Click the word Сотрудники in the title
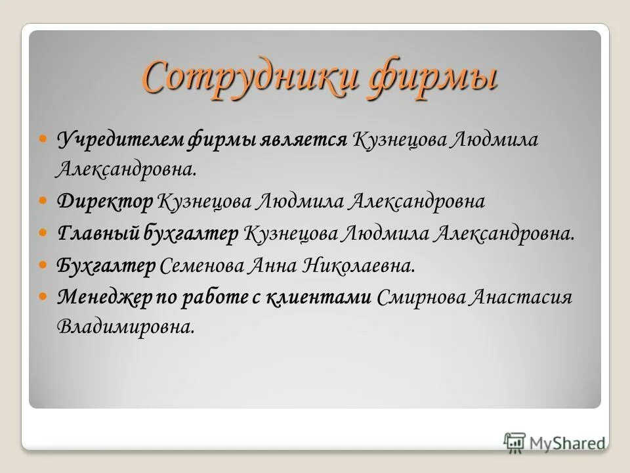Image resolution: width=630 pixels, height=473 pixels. [x=249, y=78]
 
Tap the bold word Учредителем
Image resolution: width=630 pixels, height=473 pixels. [x=121, y=139]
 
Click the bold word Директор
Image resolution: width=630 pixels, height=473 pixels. [x=105, y=201]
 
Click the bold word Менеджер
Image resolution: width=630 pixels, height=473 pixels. [x=104, y=297]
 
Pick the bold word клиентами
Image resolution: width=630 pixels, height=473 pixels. [x=320, y=297]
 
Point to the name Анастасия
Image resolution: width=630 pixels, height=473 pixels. [x=522, y=297]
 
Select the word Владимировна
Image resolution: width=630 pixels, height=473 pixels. [x=126, y=327]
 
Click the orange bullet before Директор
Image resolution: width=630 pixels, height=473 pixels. [x=43, y=201]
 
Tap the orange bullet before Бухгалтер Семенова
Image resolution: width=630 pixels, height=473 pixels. [x=43, y=265]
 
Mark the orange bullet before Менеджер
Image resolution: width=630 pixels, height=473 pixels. [x=43, y=297]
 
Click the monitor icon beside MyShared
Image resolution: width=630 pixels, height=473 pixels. [x=514, y=442]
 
